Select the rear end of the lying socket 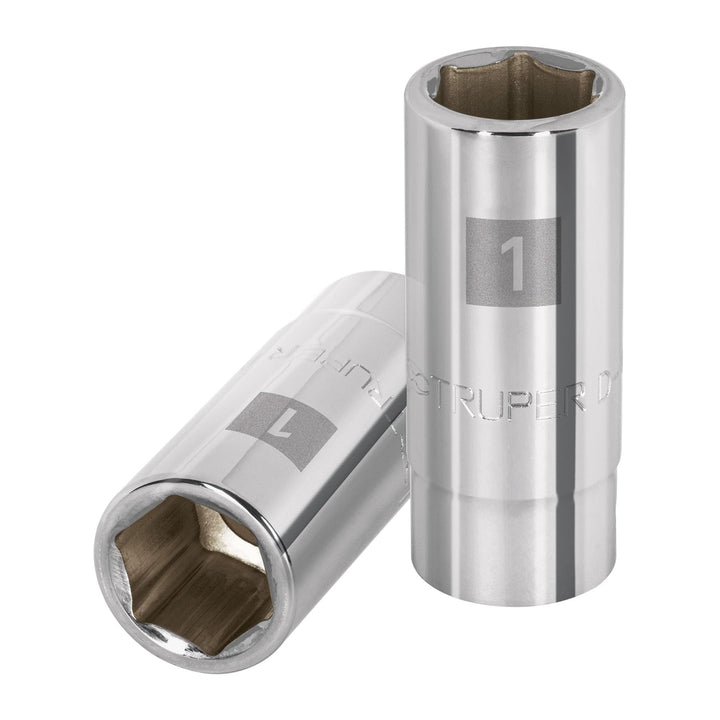click(370, 300)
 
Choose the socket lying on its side click(260, 470)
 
